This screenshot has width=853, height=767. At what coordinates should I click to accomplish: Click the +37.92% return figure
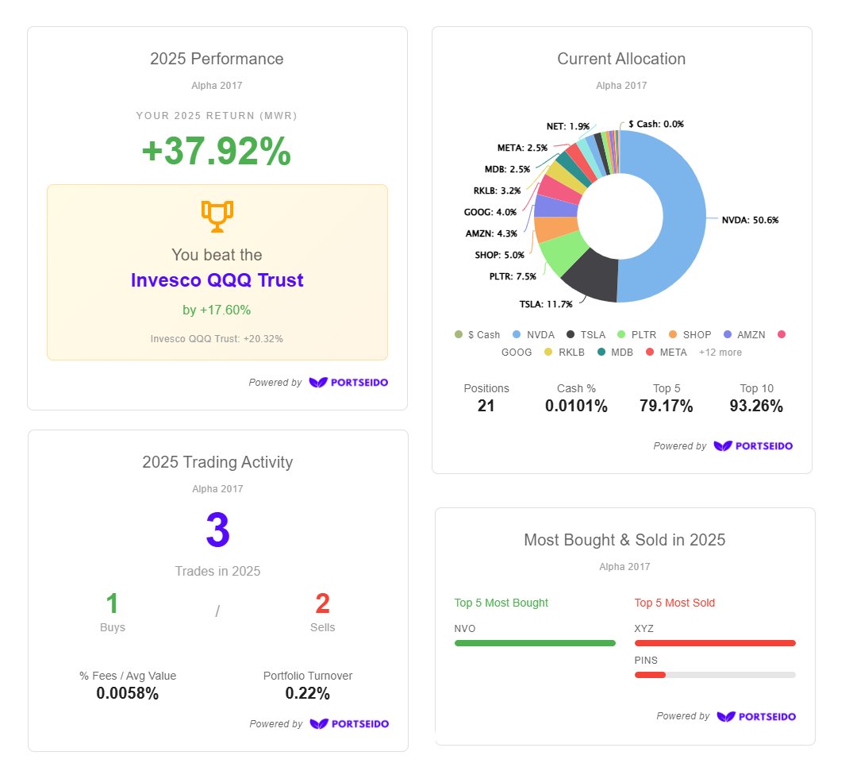click(x=217, y=152)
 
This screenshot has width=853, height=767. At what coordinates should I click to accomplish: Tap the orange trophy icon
click(x=217, y=215)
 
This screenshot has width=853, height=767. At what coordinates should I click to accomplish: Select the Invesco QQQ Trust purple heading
click(x=217, y=280)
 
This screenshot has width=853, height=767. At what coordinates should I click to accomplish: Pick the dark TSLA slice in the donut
click(x=592, y=277)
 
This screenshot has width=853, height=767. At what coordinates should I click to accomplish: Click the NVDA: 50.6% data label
click(x=749, y=220)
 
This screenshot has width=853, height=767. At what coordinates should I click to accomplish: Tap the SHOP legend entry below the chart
click(x=690, y=335)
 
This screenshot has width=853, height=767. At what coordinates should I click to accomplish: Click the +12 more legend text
click(x=720, y=352)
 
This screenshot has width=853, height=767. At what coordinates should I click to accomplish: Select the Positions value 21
click(x=486, y=406)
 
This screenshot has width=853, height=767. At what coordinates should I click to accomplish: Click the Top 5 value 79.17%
click(x=666, y=406)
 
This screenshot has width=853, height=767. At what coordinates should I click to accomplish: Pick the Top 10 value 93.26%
click(x=756, y=406)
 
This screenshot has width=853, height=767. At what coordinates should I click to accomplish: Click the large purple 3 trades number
click(x=217, y=531)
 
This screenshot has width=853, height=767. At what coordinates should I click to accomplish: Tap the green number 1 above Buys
click(x=113, y=604)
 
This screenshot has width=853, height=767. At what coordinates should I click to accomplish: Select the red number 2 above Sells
click(x=322, y=604)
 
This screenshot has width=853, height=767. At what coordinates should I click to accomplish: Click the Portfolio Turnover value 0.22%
click(x=308, y=693)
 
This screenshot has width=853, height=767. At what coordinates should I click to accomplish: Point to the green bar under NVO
click(x=535, y=643)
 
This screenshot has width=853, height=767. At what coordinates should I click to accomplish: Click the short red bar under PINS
click(x=650, y=675)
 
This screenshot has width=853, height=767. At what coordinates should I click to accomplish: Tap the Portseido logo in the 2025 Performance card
click(x=348, y=383)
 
